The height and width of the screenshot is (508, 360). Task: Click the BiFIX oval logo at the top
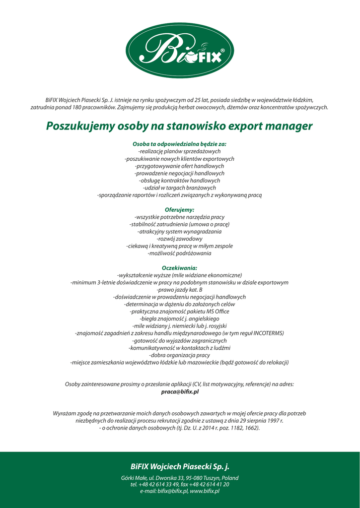coord(179,50)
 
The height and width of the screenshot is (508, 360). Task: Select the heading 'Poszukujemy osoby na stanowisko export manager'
coord(179,126)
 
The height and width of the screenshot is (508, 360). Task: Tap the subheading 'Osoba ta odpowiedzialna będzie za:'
coord(179,144)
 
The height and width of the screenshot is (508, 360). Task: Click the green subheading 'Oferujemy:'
coord(179,210)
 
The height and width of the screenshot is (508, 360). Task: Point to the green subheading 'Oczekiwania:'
coord(179,268)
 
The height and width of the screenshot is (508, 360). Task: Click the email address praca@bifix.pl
coord(180,391)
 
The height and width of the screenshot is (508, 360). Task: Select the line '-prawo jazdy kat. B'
coord(179,290)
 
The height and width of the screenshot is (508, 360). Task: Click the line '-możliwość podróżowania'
coord(179,254)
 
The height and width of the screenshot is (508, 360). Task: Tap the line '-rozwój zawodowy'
coord(179,239)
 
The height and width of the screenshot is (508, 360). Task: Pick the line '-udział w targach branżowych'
coord(179,188)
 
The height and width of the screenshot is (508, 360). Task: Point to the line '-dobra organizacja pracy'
coord(179,355)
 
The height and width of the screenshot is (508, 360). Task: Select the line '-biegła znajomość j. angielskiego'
coord(179,318)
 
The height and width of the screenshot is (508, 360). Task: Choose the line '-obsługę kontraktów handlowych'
coord(179,181)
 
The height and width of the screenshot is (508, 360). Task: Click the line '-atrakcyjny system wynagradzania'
coord(179,232)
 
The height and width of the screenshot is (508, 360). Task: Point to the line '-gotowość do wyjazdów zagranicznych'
coord(179,341)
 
